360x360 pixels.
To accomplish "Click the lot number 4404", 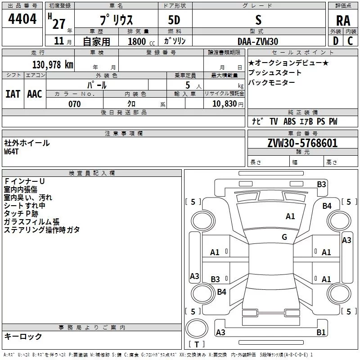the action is click(x=22, y=19).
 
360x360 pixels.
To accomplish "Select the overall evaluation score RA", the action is click(x=343, y=21).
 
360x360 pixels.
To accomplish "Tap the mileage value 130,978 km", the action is click(x=53, y=65).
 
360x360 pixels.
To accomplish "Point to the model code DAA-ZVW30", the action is click(x=258, y=41).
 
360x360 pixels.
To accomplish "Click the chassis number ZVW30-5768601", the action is click(x=302, y=144).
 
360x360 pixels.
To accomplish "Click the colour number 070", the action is click(x=75, y=104).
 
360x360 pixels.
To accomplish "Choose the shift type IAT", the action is click(x=13, y=94).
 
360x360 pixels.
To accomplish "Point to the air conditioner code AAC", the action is click(x=34, y=94).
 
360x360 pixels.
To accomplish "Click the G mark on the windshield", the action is click(x=284, y=237).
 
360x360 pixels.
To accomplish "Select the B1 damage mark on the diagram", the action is click(x=321, y=333).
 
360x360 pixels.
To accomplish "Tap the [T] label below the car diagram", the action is click(x=196, y=345).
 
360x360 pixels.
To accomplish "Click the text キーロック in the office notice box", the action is click(x=23, y=337).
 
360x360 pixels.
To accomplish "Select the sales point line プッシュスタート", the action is click(x=274, y=72).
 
